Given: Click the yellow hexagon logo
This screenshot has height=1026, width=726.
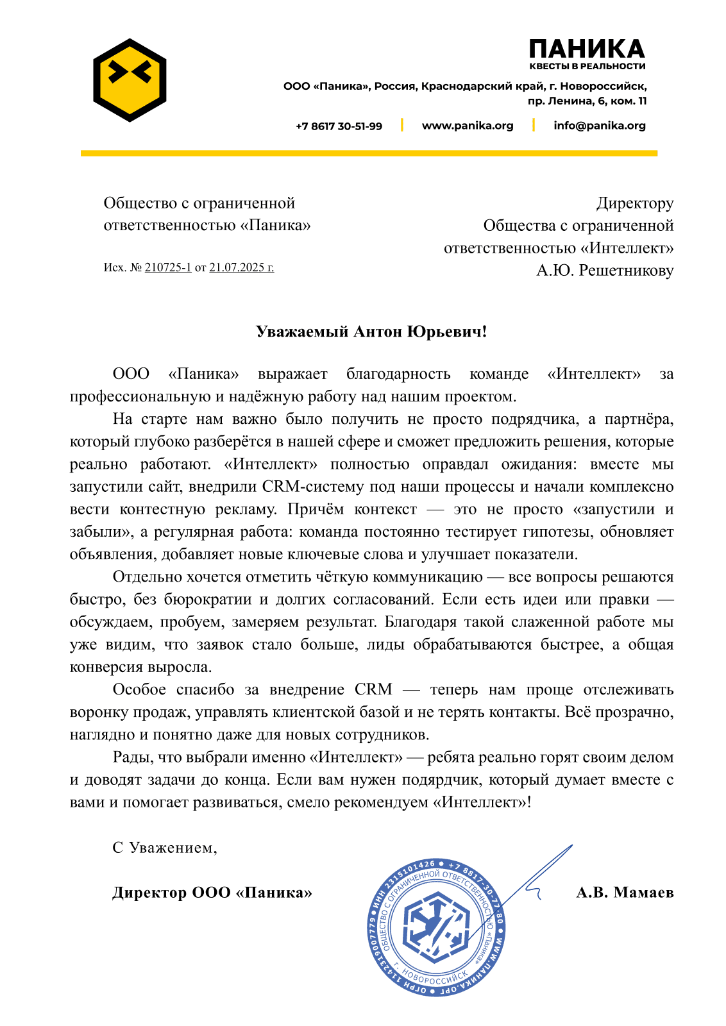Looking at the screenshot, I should click(130, 80).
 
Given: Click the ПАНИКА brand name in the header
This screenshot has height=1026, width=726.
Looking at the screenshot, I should click(587, 49).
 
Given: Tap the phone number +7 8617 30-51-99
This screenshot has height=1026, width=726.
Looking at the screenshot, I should click(339, 126).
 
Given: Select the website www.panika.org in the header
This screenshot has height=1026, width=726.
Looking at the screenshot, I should click(468, 126).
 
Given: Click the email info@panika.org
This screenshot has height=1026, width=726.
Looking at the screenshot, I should click(600, 126).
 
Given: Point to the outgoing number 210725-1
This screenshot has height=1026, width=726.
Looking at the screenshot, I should click(168, 267).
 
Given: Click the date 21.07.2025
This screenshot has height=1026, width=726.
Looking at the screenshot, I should click(241, 267).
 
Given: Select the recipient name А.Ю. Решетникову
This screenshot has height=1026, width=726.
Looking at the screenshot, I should click(605, 271).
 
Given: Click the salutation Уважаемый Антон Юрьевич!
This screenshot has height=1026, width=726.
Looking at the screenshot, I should click(371, 332).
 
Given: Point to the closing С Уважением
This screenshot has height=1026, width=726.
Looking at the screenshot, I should click(165, 848).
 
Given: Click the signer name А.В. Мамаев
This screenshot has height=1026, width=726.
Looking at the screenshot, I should click(625, 893).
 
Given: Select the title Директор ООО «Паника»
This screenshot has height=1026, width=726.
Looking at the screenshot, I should click(212, 893).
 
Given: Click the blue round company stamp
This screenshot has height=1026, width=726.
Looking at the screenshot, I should click(436, 927).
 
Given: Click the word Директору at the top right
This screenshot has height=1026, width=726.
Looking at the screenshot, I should click(635, 203).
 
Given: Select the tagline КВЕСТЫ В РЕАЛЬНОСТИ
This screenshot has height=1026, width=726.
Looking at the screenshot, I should click(587, 66).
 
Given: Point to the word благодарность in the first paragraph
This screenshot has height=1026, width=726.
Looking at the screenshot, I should click(398, 374).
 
